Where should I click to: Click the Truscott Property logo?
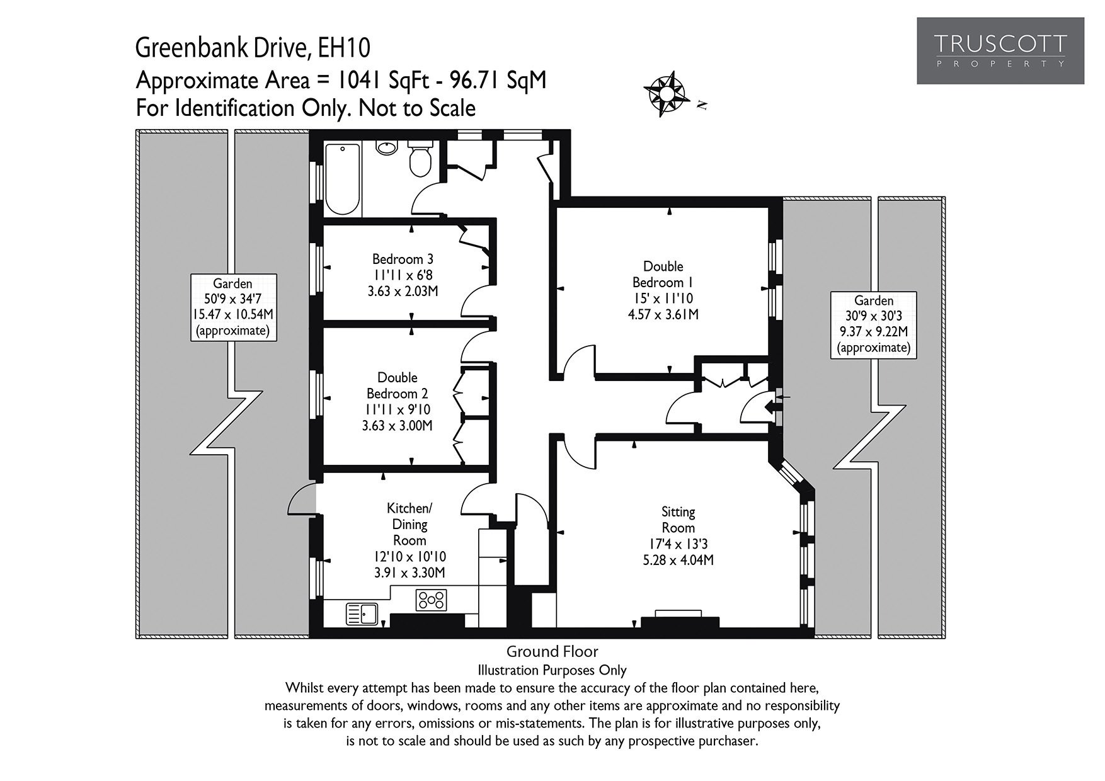tap(1000, 51)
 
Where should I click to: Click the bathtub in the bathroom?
tap(342, 179)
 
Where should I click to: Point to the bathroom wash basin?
tap(386, 147)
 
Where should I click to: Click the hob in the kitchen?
tap(431, 599)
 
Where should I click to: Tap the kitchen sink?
tap(362, 613)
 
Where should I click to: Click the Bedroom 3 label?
tap(403, 275)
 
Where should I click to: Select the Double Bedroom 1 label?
tap(663, 290)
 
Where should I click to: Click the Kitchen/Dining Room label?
tap(410, 540)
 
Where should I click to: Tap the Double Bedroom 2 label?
tap(398, 401)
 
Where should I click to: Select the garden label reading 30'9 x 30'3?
tap(873, 324)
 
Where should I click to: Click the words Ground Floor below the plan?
tap(552, 651)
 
